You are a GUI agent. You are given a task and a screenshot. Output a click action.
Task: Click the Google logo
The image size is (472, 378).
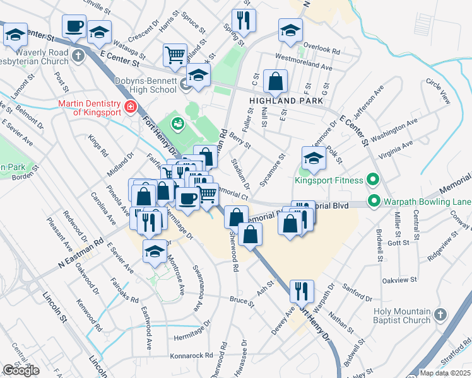pos(21,370)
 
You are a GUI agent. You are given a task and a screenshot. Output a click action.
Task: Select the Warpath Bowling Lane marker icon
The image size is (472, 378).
pos(374,202)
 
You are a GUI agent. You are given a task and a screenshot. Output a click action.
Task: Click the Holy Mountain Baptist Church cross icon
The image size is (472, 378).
pos(440,313)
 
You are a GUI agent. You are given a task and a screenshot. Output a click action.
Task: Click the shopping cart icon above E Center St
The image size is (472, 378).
pos(175,54)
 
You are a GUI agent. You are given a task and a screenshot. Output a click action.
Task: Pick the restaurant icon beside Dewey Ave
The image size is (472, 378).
pos(301,290)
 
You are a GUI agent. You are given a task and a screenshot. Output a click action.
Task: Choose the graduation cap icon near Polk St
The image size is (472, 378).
pos(314,157)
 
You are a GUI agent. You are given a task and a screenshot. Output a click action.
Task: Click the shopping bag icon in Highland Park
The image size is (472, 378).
pos(275,80)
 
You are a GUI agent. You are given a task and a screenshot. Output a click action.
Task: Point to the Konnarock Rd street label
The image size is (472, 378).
pos(191,355)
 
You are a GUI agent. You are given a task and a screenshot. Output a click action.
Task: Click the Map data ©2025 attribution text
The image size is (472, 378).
pos(445,373)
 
